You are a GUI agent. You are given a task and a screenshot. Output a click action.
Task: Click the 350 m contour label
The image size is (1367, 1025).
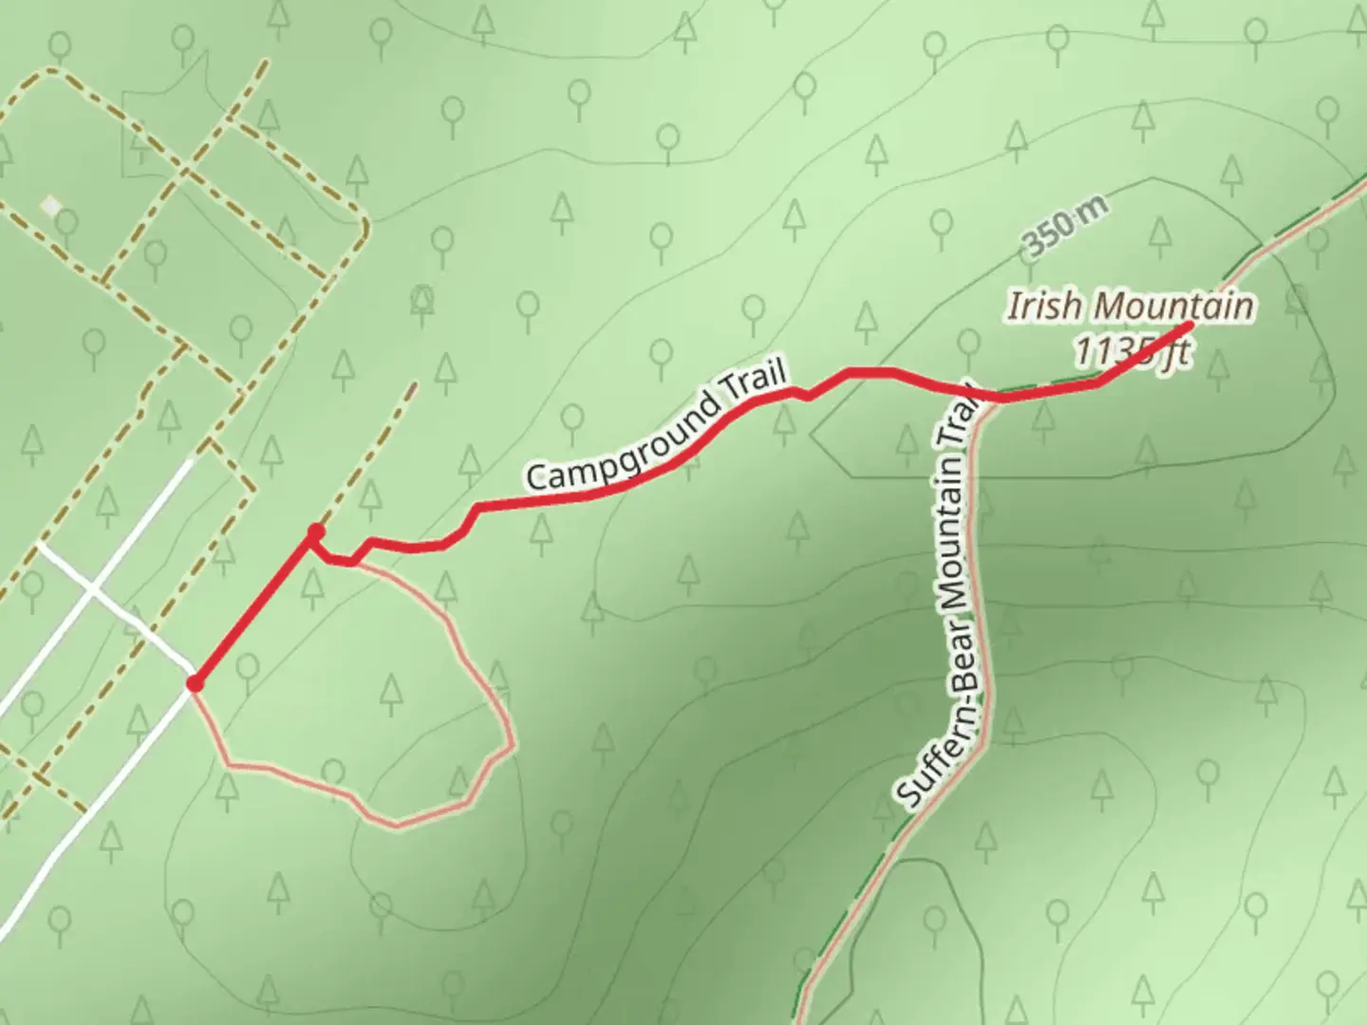[1065, 231]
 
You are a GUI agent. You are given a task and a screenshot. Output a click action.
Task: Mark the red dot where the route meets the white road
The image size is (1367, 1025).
[195, 683]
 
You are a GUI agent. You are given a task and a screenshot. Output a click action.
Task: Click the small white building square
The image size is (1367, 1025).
[50, 205]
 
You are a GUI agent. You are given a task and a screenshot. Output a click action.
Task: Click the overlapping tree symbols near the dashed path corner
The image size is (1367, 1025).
[422, 300]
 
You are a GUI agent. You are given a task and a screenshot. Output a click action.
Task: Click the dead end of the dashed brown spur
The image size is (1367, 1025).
[414, 384]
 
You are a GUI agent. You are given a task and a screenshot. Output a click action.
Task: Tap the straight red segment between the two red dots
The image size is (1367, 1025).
[254, 609]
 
